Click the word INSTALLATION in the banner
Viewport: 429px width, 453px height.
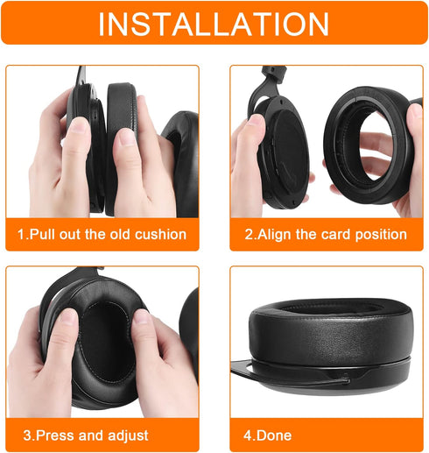pyautogui.click(x=214, y=24)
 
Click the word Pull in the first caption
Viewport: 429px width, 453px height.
pyautogui.click(x=43, y=235)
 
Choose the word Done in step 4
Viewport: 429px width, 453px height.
pyautogui.click(x=275, y=435)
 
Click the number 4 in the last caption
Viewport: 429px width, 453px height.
pyautogui.click(x=248, y=435)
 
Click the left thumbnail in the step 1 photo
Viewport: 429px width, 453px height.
pyautogui.click(x=79, y=125)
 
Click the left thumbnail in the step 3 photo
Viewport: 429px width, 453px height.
pyautogui.click(x=68, y=317)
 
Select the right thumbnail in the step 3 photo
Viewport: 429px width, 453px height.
pyautogui.click(x=142, y=317)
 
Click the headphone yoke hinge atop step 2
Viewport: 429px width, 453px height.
pyautogui.click(x=274, y=72)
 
